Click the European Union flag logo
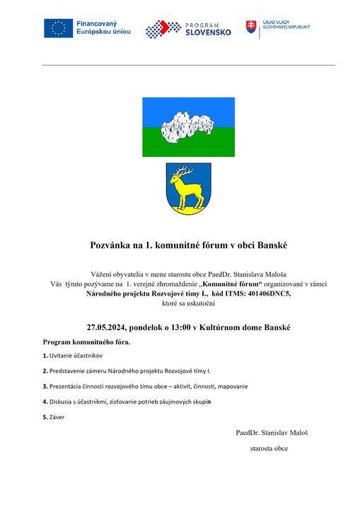[x=57, y=28]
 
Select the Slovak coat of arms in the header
[x=251, y=28]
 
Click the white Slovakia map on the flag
[x=188, y=127]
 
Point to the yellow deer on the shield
[x=187, y=192]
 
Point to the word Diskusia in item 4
[x=62, y=402]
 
